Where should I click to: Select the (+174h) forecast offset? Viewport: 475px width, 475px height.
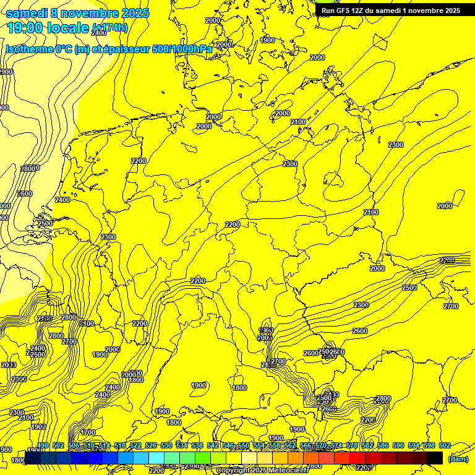[109, 28]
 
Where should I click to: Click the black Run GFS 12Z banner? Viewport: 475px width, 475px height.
[390, 11]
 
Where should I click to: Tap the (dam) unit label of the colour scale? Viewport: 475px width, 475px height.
[458, 459]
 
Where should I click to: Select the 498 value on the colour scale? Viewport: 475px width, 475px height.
[42, 446]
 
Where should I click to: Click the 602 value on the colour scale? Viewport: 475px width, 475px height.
[444, 446]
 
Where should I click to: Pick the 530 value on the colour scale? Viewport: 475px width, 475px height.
[166, 446]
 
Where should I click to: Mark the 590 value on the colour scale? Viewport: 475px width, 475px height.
[398, 446]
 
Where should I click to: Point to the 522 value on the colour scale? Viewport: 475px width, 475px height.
[135, 446]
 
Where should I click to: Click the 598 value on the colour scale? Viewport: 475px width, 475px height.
[429, 446]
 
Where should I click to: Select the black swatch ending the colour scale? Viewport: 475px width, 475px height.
[435, 458]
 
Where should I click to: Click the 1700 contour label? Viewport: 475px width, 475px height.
[88, 432]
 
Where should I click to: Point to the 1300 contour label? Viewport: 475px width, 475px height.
[266, 331]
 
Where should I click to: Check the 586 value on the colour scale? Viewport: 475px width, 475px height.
[382, 446]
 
